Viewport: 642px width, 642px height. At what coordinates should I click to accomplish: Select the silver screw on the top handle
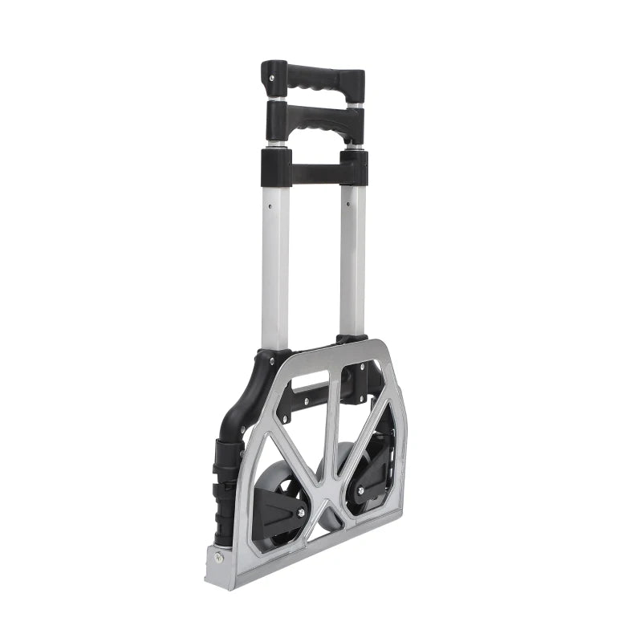pos(271,79)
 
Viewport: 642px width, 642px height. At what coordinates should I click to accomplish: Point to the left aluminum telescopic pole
pos(274,257)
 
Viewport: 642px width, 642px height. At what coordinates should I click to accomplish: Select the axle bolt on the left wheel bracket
pos(301,512)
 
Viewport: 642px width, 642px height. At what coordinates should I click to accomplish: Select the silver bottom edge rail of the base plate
pos(313,554)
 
